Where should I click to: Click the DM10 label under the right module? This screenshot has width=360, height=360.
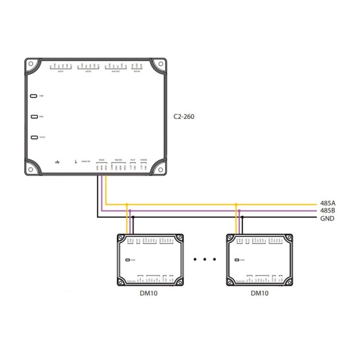click(260, 293)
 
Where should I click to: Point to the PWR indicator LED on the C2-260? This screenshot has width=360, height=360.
click(34, 95)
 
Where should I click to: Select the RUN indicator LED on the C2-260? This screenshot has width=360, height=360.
click(34, 117)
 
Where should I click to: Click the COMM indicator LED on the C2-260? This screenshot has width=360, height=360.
click(34, 138)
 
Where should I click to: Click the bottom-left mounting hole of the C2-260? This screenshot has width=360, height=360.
click(32, 168)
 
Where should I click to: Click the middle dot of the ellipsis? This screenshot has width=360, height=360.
click(205, 260)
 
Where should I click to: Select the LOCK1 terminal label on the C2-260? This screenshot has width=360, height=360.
click(61, 72)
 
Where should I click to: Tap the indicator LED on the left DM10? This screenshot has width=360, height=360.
click(128, 260)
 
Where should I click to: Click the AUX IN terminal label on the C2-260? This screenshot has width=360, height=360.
click(137, 72)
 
